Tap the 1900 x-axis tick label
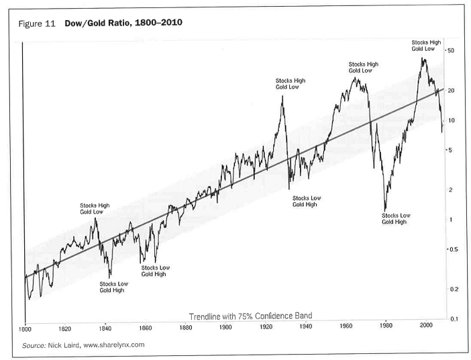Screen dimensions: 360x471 click(x=225, y=328)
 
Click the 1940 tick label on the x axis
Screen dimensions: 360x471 click(x=306, y=327)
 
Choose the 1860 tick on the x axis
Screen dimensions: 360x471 click(x=145, y=328)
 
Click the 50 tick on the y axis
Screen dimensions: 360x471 click(x=452, y=51)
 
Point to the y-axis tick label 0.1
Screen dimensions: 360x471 click(x=453, y=318)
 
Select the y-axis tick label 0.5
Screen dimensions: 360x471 click(x=453, y=250)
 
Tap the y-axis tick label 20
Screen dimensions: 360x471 click(x=452, y=90)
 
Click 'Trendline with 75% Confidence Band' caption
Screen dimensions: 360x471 click(x=250, y=315)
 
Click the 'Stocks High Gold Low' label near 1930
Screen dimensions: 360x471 click(x=290, y=83)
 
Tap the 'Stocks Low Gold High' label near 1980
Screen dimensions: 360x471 click(x=395, y=218)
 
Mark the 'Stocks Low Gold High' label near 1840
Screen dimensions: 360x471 click(x=113, y=287)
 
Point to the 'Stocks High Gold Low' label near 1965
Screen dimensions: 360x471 click(x=364, y=66)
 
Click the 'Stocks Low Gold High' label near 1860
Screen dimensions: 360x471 click(x=155, y=271)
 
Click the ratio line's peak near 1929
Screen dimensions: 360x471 click(x=282, y=96)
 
